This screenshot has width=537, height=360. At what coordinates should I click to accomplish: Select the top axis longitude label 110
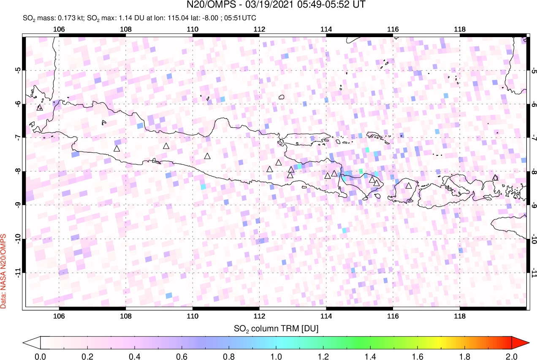[x=193, y=29]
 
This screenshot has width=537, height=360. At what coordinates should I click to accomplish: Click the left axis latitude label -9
[x=18, y=205]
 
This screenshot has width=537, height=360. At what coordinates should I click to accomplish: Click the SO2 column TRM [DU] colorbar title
[x=276, y=328]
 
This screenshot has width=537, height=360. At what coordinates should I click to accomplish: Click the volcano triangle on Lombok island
[x=408, y=185]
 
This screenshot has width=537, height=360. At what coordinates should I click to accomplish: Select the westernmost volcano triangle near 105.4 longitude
[x=40, y=108]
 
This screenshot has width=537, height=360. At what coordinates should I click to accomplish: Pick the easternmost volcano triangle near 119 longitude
[x=495, y=178]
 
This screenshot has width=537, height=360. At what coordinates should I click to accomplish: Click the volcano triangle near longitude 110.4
[x=207, y=156]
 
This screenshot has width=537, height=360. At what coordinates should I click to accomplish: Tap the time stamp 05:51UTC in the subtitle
[x=241, y=18]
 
